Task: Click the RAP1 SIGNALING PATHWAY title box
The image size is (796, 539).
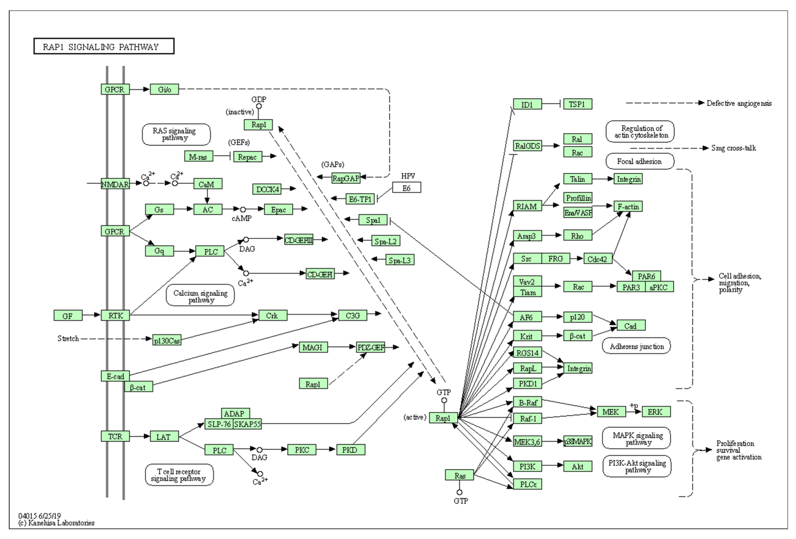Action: pos(104,46)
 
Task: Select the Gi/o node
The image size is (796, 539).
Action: pos(164,89)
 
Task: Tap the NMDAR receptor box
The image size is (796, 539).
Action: pos(115,184)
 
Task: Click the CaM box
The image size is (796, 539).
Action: pos(208,184)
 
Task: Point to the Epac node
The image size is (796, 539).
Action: pos(278,210)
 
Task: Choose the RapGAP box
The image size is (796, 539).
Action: pos(346,178)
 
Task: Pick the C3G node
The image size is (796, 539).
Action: pos(352,315)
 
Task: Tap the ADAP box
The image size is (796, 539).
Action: pos(235,413)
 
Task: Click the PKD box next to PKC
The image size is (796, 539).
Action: pos(350,450)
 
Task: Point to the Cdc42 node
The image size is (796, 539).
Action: pos(597,259)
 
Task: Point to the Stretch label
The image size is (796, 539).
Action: pos(68,338)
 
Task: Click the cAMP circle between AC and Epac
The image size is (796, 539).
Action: pos(243,210)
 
